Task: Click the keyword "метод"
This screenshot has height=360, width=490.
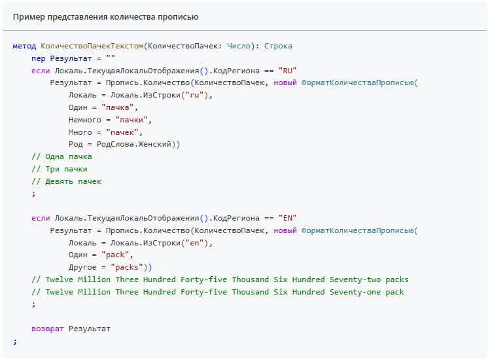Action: point(24,46)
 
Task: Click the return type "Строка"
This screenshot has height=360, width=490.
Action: point(279,46)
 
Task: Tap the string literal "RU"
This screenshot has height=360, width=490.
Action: point(288,71)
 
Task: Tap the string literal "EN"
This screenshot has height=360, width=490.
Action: point(288,218)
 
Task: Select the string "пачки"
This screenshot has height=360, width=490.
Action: point(133,120)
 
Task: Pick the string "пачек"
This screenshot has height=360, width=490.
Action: point(124,132)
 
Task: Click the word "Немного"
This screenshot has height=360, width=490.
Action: point(85,120)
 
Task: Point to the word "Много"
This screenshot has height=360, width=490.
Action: point(80,132)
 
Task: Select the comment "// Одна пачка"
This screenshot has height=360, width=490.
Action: point(61,156)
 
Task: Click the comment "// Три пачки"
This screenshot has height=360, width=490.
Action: point(59,169)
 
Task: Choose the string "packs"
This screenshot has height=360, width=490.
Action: point(129,267)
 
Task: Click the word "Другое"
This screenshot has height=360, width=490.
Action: point(82,267)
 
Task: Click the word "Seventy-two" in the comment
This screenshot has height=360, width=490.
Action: point(353,279)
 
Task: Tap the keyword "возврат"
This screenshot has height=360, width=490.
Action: point(48,329)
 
